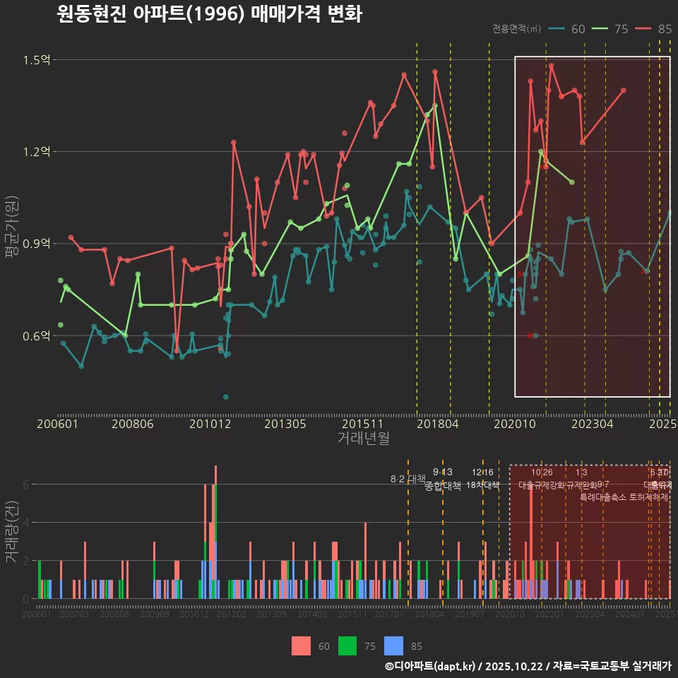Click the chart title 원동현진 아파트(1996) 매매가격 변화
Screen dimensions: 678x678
209,14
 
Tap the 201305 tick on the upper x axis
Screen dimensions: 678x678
285,424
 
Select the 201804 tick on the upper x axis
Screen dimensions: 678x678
437,424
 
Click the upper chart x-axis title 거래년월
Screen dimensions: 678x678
363,439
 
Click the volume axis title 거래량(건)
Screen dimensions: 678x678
12,532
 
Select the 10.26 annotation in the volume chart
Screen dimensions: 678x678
542,472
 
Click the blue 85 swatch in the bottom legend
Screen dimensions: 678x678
394,646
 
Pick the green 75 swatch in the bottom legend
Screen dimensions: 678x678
347,646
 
